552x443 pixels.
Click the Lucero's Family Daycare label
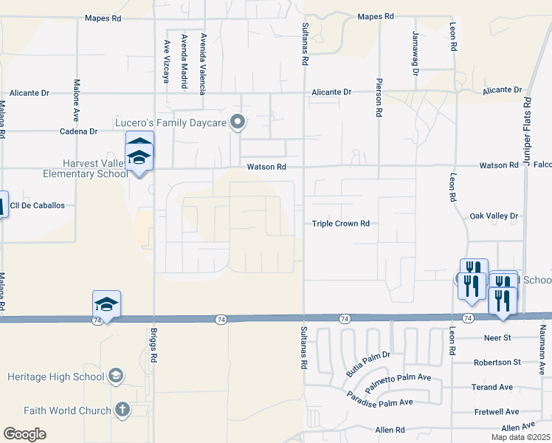click(170, 121)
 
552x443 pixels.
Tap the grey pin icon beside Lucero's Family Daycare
click(238, 122)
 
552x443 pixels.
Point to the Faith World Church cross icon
click(123, 410)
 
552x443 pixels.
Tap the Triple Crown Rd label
click(340, 223)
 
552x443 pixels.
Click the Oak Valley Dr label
click(494, 216)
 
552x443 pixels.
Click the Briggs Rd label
click(154, 351)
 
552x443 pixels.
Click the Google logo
click(24, 433)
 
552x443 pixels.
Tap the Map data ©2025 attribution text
click(521, 437)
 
